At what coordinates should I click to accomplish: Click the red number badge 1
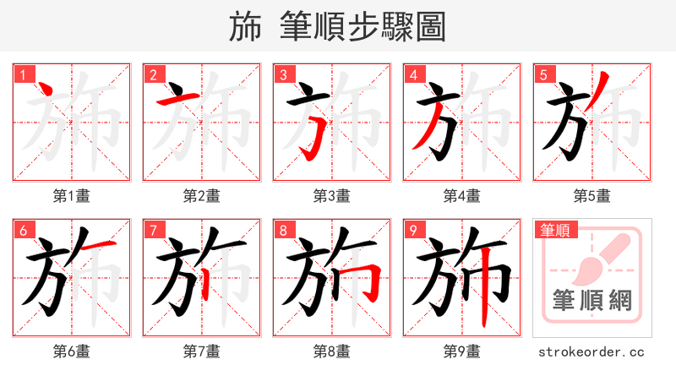point(23,74)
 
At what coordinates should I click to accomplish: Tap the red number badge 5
point(543,74)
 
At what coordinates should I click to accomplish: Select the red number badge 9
point(413,230)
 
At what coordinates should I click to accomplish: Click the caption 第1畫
point(71,195)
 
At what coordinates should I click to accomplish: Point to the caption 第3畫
point(331,195)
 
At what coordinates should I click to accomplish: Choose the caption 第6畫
point(71,351)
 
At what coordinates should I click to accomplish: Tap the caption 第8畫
point(331,351)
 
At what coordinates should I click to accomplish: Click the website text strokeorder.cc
point(591,351)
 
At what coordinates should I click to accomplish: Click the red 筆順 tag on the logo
point(553,230)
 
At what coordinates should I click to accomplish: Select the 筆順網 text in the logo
point(591,300)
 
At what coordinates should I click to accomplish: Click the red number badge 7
point(153,230)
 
